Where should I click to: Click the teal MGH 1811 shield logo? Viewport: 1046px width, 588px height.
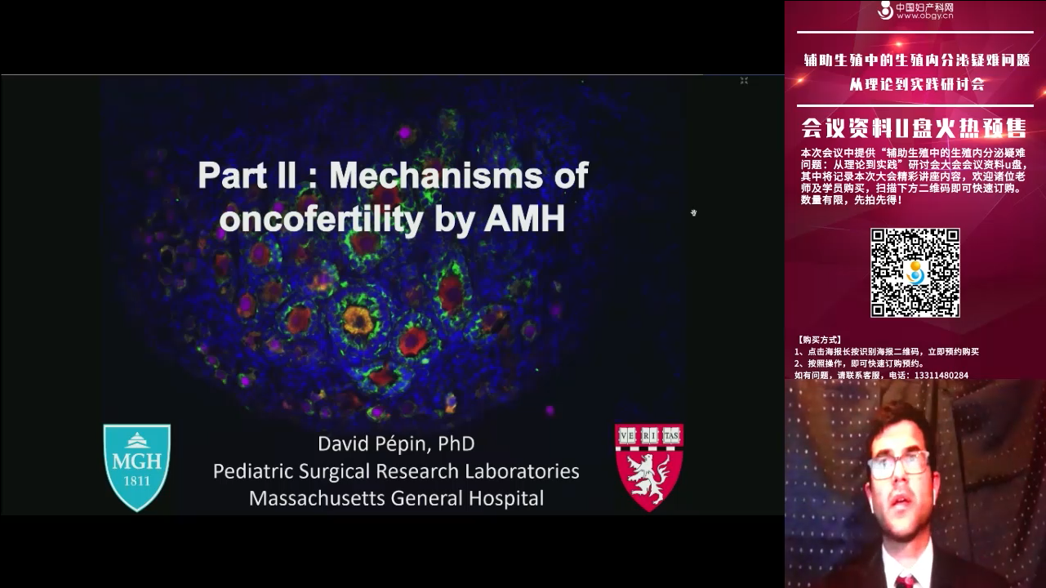[137, 467]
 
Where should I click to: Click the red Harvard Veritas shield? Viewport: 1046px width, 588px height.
[649, 467]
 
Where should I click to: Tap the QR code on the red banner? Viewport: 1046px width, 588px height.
[915, 273]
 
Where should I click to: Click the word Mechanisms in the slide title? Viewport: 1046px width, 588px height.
[436, 175]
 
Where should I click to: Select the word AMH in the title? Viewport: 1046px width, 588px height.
[524, 218]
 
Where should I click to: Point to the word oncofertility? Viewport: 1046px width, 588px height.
[322, 219]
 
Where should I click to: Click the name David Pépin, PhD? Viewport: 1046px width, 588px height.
[396, 443]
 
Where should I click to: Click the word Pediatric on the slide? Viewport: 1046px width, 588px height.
[253, 470]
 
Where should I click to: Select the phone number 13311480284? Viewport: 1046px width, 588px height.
[941, 376]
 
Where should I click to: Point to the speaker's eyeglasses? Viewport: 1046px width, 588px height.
[898, 465]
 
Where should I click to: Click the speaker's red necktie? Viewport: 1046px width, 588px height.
[905, 582]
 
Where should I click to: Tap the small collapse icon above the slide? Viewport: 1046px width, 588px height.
[744, 81]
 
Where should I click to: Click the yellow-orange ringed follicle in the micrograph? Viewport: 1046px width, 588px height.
[357, 320]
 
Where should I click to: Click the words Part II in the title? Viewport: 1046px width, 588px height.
[247, 175]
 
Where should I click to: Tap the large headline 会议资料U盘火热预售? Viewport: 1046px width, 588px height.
[915, 128]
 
